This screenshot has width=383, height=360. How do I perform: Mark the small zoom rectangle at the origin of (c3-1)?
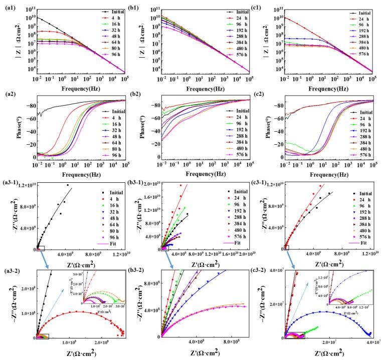(286, 247)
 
